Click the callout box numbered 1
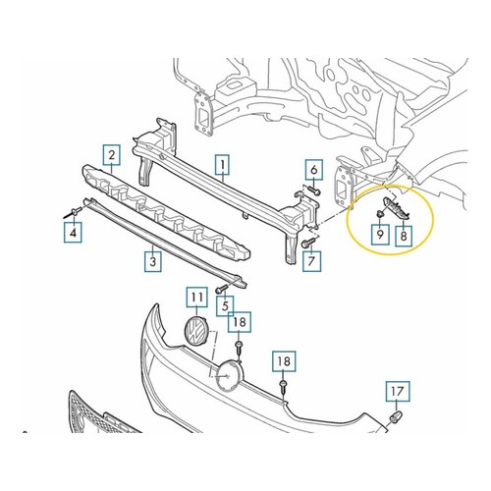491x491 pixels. tap(223, 165)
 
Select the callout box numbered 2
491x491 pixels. tap(112, 155)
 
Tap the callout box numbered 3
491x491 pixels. tap(153, 261)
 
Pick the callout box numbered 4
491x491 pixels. tap(73, 233)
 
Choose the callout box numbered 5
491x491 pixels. tap(225, 306)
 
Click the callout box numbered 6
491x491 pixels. tap(314, 170)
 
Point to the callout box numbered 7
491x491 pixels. tap(311, 261)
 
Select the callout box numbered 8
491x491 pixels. tap(404, 236)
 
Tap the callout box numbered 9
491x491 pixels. tap(380, 235)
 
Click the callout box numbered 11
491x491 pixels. tap(196, 297)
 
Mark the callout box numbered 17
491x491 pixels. tap(398, 391)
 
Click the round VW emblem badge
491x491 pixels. tap(195, 330)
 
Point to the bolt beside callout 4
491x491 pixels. tap(72, 212)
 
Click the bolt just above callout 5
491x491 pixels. tap(222, 289)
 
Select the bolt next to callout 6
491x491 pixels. tap(313, 191)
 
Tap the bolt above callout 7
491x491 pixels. tap(307, 243)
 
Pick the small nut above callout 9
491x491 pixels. tap(380, 214)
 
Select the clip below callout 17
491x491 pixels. tap(396, 417)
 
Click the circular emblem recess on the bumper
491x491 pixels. tap(229, 376)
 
